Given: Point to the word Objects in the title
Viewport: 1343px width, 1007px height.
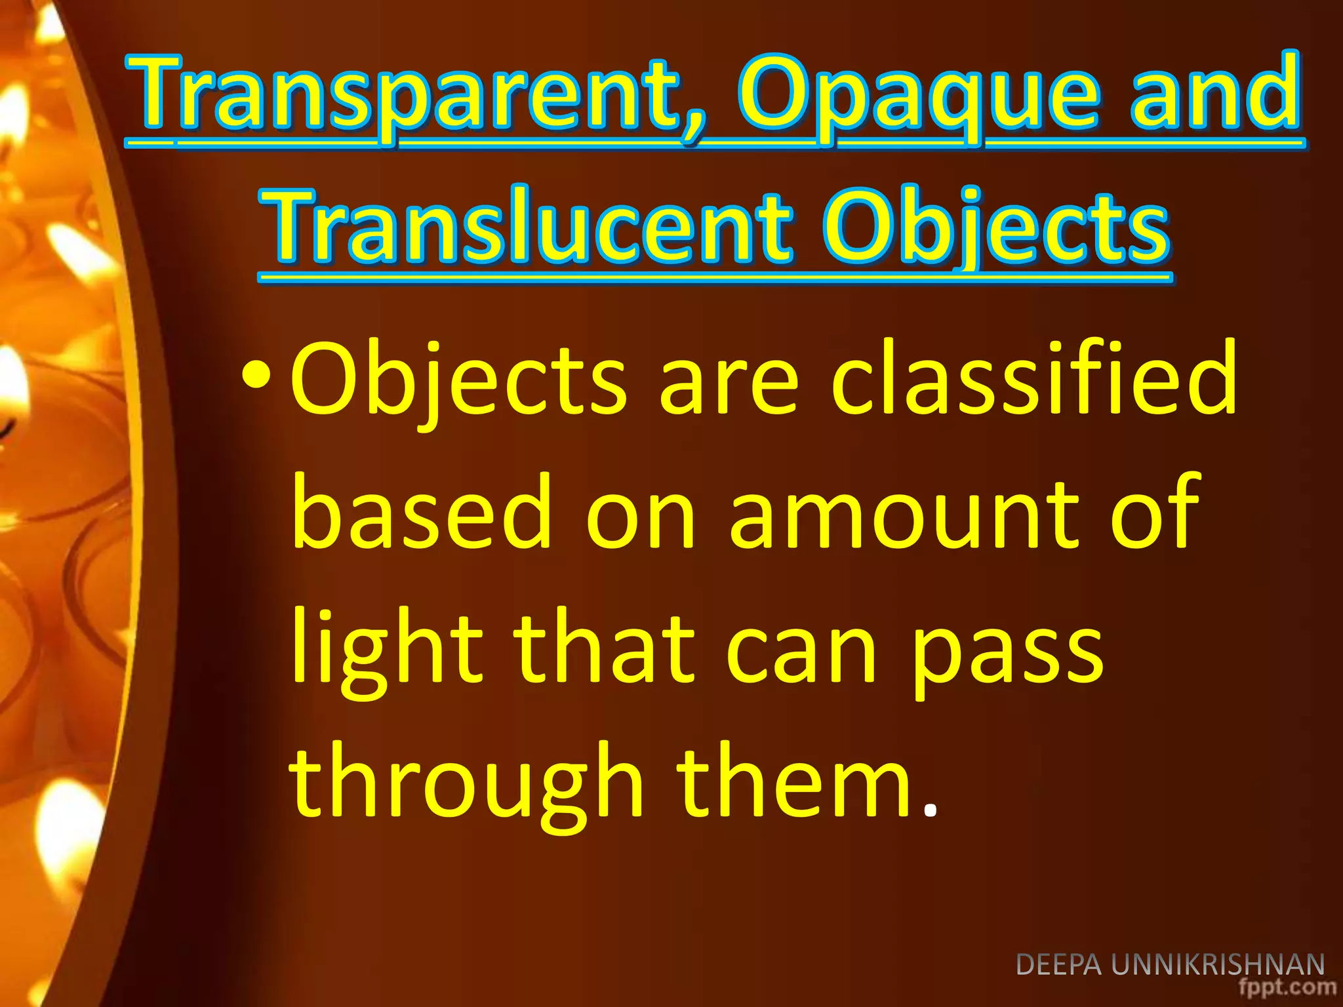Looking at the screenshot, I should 996,226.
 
